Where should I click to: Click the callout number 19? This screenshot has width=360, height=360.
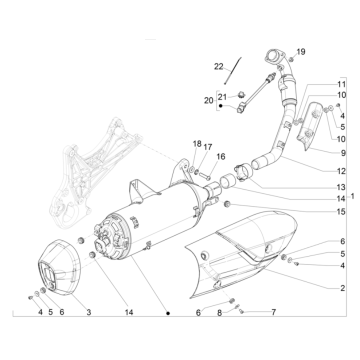[x=302, y=51]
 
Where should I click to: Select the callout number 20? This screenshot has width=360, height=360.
[x=208, y=100]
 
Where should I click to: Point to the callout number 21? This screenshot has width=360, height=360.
[x=224, y=96]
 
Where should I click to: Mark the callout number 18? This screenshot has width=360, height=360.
[x=197, y=144]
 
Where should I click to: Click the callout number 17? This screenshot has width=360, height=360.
[x=208, y=147]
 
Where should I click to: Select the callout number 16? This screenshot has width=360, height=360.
[x=221, y=157]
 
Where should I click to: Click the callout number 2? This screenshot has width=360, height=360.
[x=340, y=288]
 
